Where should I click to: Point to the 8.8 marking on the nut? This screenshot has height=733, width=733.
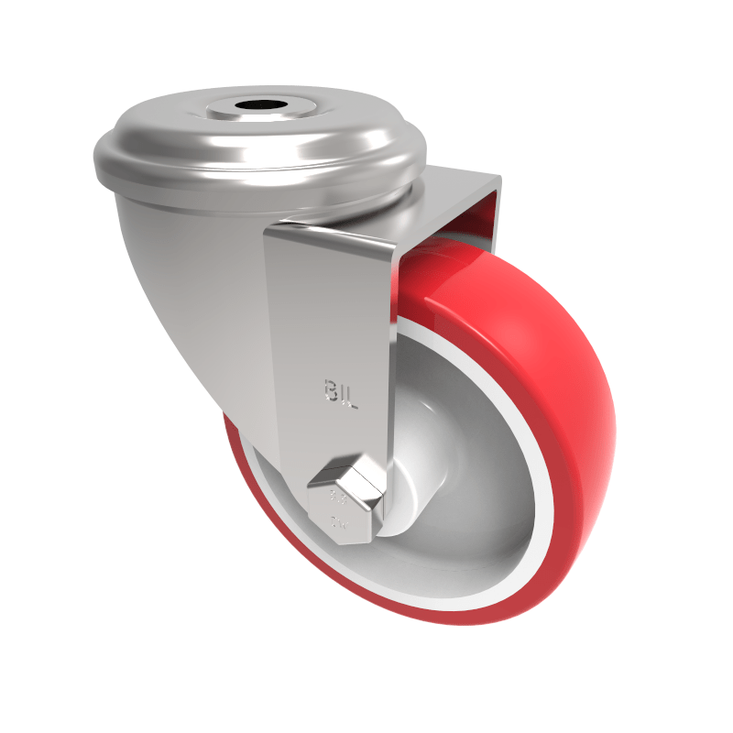(338, 500)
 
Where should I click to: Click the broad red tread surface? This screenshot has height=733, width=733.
(550, 366)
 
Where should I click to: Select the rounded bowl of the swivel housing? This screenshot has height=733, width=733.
(202, 275)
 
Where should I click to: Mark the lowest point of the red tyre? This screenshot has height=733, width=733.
(440, 623)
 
